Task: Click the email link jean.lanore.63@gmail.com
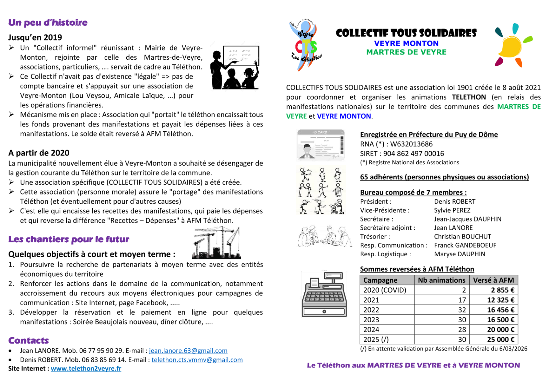click(x=188, y=351)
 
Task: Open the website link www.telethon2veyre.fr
click(x=86, y=368)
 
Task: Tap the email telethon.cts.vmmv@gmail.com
click(x=197, y=360)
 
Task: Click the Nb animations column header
click(x=441, y=280)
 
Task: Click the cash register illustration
click(x=324, y=294)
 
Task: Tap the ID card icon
click(x=320, y=145)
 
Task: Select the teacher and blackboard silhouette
click(x=235, y=67)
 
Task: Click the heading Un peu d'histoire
click(x=48, y=23)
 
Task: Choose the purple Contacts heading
click(x=28, y=340)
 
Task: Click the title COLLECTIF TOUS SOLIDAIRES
click(x=406, y=33)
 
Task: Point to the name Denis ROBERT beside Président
click(x=454, y=201)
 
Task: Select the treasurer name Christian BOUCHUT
click(x=462, y=236)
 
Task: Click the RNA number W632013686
click(x=411, y=144)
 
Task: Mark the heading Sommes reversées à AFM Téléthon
click(x=417, y=269)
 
